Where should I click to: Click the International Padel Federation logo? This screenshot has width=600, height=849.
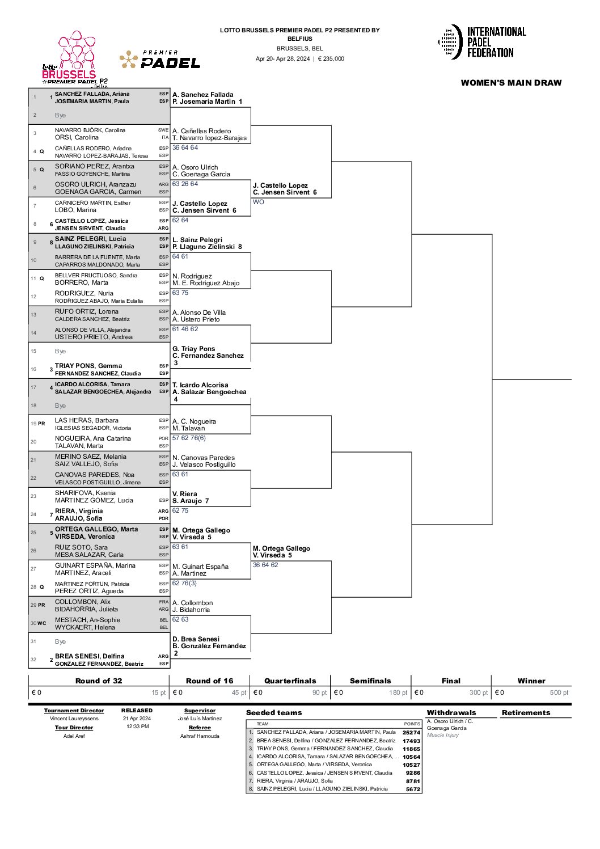(481, 42)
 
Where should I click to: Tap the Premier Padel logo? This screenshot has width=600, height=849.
(159, 60)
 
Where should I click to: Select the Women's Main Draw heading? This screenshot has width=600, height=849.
(511, 83)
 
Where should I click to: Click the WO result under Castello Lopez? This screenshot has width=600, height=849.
(258, 202)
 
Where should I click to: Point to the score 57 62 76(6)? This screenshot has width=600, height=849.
(189, 438)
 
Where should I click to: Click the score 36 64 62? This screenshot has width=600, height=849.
(265, 565)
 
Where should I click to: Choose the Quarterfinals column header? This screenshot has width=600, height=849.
(290, 681)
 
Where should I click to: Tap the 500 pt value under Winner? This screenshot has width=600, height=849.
(559, 692)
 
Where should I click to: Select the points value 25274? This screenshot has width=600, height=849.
(411, 733)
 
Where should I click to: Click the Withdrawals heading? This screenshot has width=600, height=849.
(451, 712)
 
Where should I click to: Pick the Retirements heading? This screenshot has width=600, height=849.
(526, 712)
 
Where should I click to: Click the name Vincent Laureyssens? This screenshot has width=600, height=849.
(74, 719)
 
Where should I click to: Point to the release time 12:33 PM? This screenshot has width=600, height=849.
(138, 726)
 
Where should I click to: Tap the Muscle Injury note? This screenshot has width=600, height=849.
(443, 735)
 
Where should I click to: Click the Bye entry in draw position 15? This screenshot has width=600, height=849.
(60, 352)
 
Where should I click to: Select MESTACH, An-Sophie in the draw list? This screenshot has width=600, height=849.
(87, 620)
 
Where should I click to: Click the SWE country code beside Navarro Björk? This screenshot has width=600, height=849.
(163, 130)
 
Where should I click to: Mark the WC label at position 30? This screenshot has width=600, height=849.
(42, 623)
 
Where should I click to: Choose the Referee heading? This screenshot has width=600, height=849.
(200, 728)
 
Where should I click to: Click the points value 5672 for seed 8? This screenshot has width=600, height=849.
(413, 789)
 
